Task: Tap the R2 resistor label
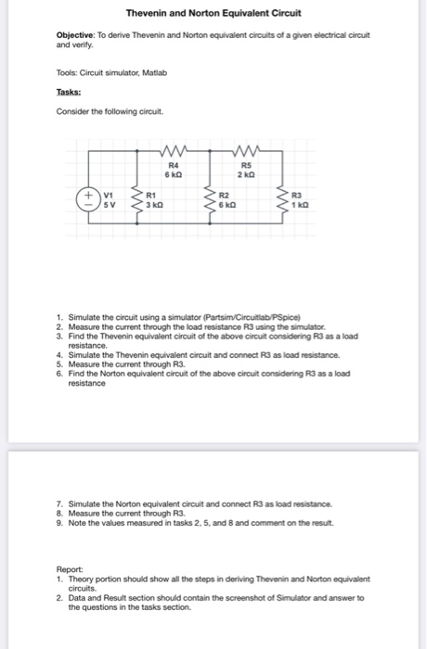click(224, 196)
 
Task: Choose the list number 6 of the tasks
click(59, 372)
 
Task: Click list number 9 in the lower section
click(59, 524)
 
